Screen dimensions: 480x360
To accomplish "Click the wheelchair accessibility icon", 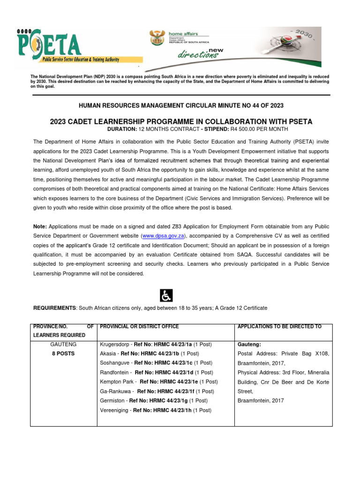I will (166, 295).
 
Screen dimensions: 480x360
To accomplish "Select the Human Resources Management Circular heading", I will (181, 106).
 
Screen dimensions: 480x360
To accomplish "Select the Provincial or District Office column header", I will (139, 326).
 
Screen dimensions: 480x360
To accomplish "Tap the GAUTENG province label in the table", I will (63, 344).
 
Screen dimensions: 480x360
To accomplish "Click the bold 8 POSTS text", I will (63, 353).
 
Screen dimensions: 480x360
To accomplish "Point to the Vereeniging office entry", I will (116, 410).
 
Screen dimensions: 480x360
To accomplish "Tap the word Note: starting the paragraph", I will (40, 226).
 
